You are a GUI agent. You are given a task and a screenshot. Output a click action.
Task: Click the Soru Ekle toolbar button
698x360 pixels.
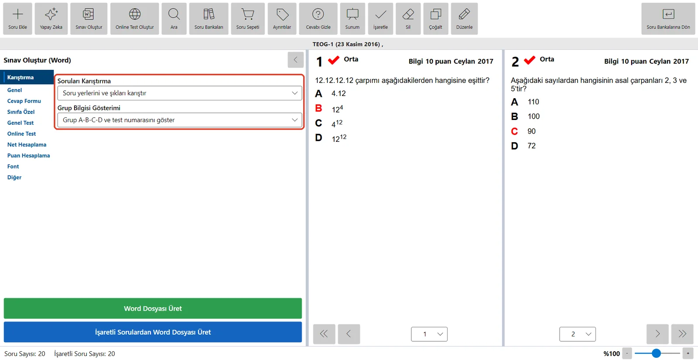click(x=17, y=19)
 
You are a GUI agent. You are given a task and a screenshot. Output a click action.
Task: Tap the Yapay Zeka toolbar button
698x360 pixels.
click(x=51, y=19)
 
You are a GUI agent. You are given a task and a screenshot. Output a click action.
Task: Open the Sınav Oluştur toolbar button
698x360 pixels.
click(x=89, y=19)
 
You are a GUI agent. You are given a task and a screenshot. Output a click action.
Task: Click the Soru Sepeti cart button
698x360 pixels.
click(x=248, y=19)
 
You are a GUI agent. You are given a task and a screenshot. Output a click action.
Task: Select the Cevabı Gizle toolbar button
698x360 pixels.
click(x=318, y=19)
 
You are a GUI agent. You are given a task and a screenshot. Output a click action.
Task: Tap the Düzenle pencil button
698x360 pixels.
click(x=464, y=19)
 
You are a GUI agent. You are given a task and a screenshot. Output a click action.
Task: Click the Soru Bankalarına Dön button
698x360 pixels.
click(x=668, y=19)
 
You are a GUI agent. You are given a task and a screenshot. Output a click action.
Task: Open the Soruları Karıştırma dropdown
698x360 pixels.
click(x=179, y=93)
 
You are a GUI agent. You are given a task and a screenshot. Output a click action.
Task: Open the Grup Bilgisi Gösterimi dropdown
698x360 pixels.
click(x=179, y=120)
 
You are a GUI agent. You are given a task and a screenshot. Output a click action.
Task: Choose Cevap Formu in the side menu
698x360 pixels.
click(x=24, y=101)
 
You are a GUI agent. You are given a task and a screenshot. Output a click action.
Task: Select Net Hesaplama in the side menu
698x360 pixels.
click(x=27, y=144)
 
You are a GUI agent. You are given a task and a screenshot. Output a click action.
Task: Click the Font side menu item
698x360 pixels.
click(x=13, y=166)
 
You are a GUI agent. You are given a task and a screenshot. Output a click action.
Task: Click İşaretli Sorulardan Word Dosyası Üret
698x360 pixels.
click(x=153, y=332)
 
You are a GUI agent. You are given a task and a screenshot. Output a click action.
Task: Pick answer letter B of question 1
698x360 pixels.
click(x=318, y=108)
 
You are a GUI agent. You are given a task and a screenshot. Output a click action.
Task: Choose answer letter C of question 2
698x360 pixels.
click(x=514, y=131)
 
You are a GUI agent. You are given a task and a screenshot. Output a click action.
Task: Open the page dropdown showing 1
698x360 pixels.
click(x=429, y=334)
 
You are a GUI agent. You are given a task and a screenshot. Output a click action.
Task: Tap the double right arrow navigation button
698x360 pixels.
click(x=682, y=334)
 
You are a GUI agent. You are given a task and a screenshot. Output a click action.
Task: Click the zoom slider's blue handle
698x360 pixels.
click(x=656, y=353)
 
